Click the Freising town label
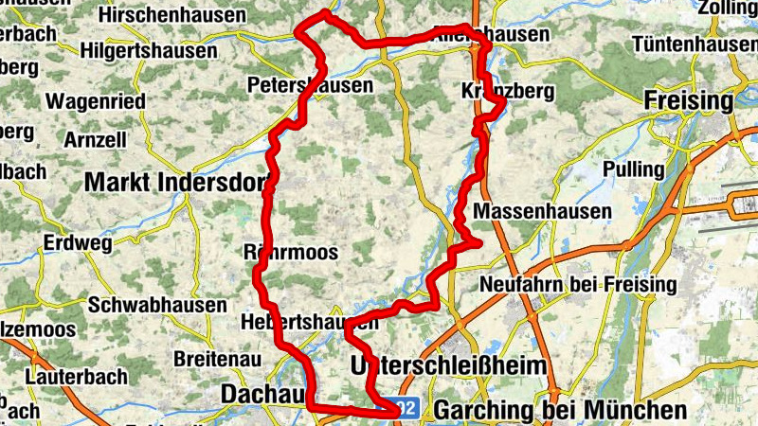tap(688, 100)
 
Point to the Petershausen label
tap(309, 86)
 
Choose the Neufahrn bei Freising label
tap(578, 284)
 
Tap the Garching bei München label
tap(559, 410)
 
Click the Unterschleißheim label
tap(448, 365)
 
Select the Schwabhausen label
tap(157, 305)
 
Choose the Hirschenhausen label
tap(171, 15)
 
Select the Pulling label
tap(634, 169)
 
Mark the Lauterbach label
tap(77, 377)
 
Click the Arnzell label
tap(96, 139)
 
